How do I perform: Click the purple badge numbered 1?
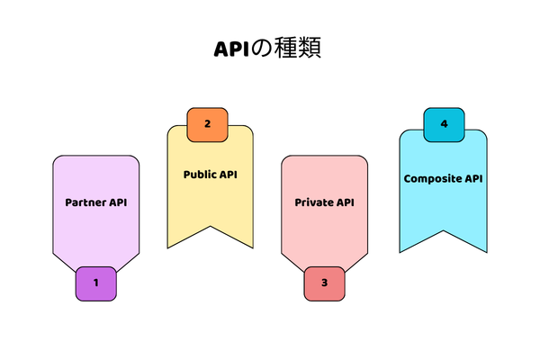point(95,283)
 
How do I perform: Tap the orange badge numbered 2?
point(208,124)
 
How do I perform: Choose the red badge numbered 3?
point(324,283)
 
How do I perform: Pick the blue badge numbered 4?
point(444,123)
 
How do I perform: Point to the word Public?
point(200,174)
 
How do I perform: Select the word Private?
point(313,202)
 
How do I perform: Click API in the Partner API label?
point(118,202)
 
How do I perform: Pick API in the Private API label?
point(345,202)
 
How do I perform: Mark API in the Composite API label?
point(473,178)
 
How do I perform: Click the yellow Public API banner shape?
point(210,202)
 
